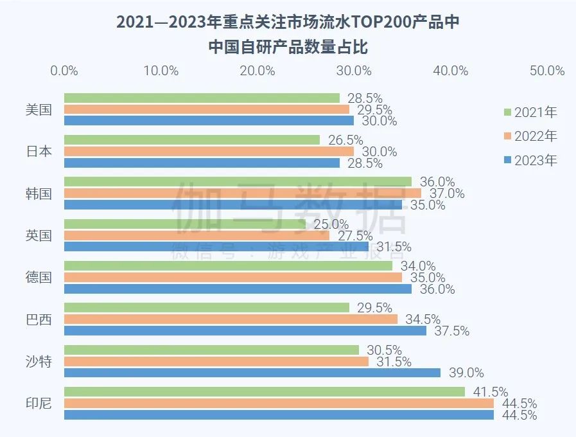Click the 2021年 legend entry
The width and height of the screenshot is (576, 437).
pos(530,112)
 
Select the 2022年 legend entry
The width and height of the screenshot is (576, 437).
pos(530,136)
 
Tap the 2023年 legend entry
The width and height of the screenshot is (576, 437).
pos(530,160)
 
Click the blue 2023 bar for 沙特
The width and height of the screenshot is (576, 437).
pos(252,373)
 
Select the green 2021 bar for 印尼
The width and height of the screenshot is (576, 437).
pos(264,391)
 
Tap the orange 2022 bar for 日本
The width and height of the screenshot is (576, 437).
pos(209,152)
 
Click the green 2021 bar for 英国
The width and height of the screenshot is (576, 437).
pos(185,224)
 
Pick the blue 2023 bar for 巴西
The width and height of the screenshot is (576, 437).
pos(245,331)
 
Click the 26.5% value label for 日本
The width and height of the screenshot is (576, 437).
pos(345,140)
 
